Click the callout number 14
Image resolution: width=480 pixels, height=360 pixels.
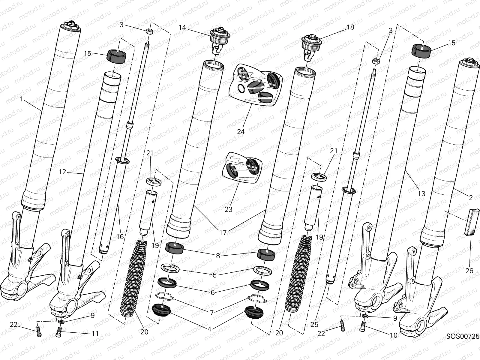(182, 28)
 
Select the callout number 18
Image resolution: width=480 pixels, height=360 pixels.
(350, 27)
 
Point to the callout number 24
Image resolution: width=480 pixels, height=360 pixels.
(241, 131)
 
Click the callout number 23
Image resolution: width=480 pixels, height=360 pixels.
(228, 209)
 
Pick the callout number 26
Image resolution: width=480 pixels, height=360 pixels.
(469, 271)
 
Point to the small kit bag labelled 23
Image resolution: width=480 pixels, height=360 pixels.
(242, 168)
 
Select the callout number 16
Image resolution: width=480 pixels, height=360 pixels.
(120, 237)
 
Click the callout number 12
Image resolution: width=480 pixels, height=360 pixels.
(62, 172)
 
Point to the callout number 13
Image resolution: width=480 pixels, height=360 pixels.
(421, 194)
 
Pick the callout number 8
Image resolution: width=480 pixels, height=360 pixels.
(218, 256)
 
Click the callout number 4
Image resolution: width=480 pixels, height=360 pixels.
(209, 329)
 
